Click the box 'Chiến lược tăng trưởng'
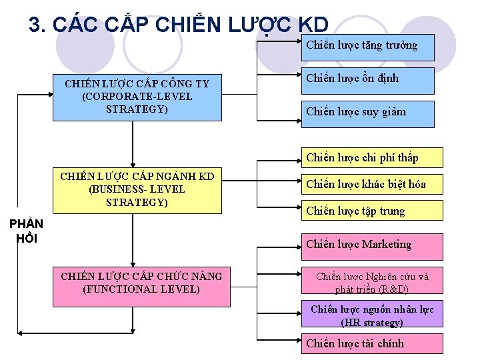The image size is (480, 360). (x=367, y=47)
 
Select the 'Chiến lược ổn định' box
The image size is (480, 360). (x=367, y=79)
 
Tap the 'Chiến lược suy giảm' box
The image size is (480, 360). (x=367, y=112)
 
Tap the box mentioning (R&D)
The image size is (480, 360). (x=371, y=283)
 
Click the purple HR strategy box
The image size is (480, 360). (x=371, y=315)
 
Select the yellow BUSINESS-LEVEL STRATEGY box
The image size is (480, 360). (x=137, y=189)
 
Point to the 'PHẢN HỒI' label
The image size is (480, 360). (x=27, y=231)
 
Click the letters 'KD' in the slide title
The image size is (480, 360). (x=313, y=25)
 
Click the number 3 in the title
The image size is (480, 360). (x=35, y=25)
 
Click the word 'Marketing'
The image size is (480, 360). (x=387, y=245)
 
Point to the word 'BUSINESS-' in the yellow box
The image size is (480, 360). (x=113, y=189)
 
